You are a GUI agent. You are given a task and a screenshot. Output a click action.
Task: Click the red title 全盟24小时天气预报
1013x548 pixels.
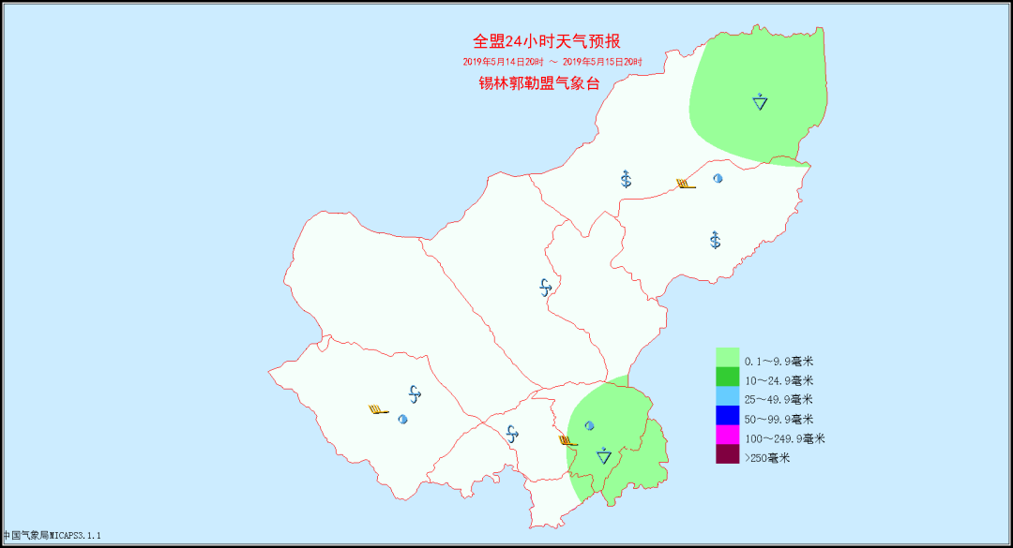pyautogui.click(x=546, y=41)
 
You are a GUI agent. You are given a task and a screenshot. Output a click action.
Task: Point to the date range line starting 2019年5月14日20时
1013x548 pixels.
pyautogui.click(x=552, y=62)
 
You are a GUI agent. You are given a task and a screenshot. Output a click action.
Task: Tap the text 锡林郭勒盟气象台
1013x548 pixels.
pyautogui.click(x=539, y=83)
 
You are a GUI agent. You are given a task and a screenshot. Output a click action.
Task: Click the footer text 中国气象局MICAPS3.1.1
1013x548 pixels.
pyautogui.click(x=52, y=536)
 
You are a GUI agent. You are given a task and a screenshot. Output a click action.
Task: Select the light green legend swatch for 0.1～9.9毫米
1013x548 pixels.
pyautogui.click(x=728, y=358)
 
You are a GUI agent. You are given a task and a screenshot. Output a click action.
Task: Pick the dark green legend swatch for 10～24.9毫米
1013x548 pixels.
pyautogui.click(x=728, y=378)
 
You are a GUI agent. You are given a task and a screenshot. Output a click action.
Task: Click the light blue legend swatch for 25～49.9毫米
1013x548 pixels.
pyautogui.click(x=728, y=397)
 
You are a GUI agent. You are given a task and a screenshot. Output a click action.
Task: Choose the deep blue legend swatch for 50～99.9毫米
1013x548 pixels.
pyautogui.click(x=728, y=417)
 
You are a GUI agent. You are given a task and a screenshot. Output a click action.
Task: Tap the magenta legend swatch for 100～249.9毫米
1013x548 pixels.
pyautogui.click(x=728, y=436)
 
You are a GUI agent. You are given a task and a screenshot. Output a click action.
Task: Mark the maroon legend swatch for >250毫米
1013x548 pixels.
pyautogui.click(x=728, y=455)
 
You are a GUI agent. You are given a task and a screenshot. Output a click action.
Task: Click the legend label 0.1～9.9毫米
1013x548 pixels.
pyautogui.click(x=779, y=361)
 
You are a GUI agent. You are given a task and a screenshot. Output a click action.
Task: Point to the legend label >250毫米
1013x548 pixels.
pyautogui.click(x=767, y=458)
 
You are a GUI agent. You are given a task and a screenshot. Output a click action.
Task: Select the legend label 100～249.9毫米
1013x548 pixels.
pyautogui.click(x=784, y=438)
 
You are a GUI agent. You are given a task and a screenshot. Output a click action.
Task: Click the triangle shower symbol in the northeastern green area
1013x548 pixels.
pyautogui.click(x=760, y=102)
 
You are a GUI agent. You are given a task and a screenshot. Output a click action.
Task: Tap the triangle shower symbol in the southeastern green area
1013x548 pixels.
pyautogui.click(x=604, y=455)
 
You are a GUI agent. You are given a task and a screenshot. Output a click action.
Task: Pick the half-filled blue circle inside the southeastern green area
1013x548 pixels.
pyautogui.click(x=589, y=426)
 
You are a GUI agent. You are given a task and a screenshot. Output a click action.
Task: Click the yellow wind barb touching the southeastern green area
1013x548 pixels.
pyautogui.click(x=568, y=440)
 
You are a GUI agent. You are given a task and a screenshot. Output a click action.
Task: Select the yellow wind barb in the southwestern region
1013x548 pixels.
pyautogui.click(x=378, y=409)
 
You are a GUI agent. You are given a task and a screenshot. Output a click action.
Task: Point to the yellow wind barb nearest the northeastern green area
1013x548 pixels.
pyautogui.click(x=687, y=185)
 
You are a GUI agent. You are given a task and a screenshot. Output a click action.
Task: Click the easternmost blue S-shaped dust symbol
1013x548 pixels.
pyautogui.click(x=715, y=240)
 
